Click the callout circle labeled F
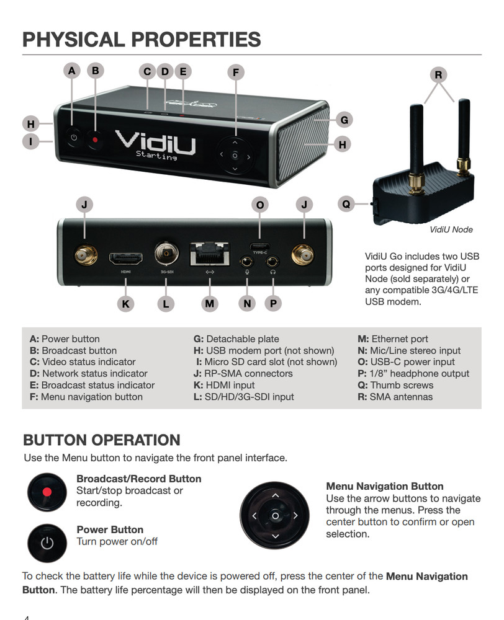(x=235, y=73)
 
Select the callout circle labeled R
(x=438, y=75)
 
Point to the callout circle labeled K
(x=126, y=303)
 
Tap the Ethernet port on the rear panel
(x=209, y=255)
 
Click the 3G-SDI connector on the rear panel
(x=166, y=254)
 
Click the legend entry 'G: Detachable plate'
(x=236, y=339)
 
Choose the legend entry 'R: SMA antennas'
(x=395, y=397)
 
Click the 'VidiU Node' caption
(x=451, y=229)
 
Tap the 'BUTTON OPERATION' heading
(x=101, y=441)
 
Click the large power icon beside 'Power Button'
(x=47, y=543)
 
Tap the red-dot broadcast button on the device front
(x=95, y=139)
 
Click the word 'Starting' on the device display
(x=156, y=157)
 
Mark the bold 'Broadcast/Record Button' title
(x=138, y=479)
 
